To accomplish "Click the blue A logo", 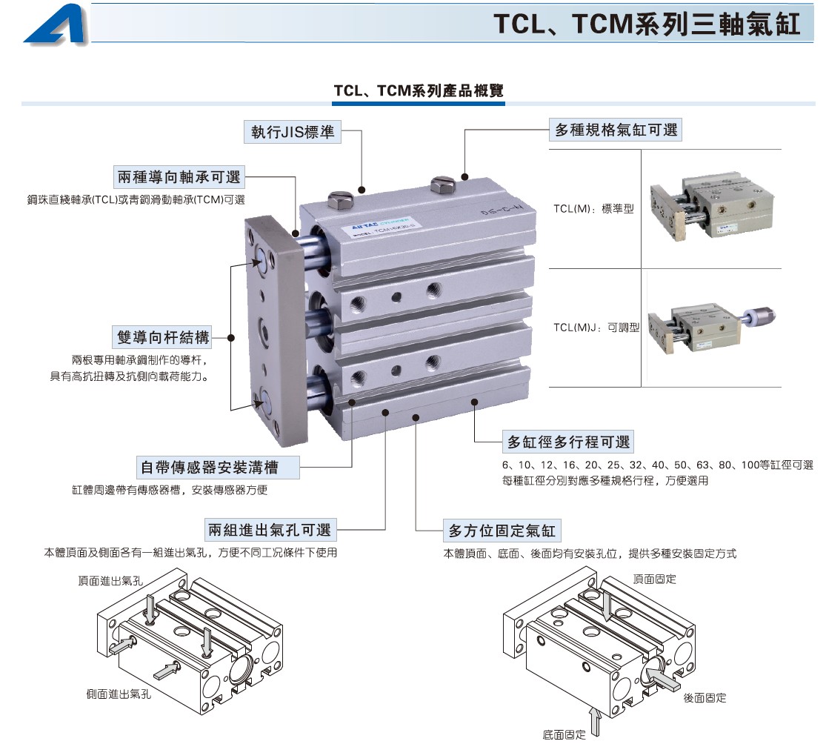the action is [x=56, y=24].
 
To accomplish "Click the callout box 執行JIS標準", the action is [x=293, y=132].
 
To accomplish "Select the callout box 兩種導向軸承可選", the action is [x=179, y=177].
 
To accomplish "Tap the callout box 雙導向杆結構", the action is [x=163, y=337].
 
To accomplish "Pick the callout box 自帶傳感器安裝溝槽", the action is [x=218, y=468].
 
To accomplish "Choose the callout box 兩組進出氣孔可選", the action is [x=270, y=530].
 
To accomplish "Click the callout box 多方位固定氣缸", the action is [x=502, y=531].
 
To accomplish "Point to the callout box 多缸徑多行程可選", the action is [x=568, y=442].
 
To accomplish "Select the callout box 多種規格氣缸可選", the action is [x=616, y=130].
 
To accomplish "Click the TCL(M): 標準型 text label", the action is [x=593, y=209].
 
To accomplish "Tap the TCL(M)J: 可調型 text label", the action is [x=596, y=328].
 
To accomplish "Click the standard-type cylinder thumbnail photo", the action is [x=712, y=205].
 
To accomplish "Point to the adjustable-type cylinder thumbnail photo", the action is [x=711, y=327].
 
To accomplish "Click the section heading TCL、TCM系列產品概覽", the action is [x=419, y=90].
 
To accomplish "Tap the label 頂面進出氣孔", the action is [x=110, y=581].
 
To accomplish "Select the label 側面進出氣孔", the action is [x=119, y=694].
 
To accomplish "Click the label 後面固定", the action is [x=705, y=697].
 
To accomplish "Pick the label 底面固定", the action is [x=564, y=734].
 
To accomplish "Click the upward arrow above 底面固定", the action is [x=596, y=721].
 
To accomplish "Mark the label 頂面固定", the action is [x=655, y=579].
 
